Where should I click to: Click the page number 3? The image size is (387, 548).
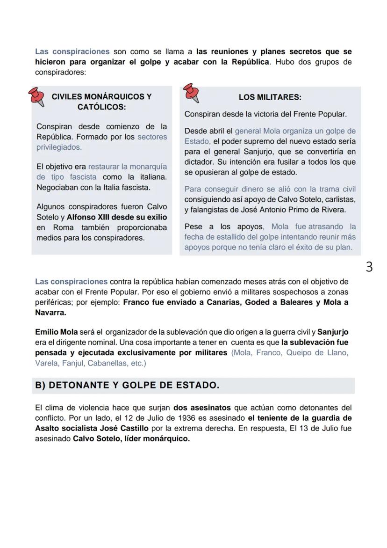[369, 267]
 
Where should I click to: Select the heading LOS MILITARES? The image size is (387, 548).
[270, 97]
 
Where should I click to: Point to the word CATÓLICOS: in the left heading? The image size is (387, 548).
[101, 107]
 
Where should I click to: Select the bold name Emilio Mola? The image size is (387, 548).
[57, 332]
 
